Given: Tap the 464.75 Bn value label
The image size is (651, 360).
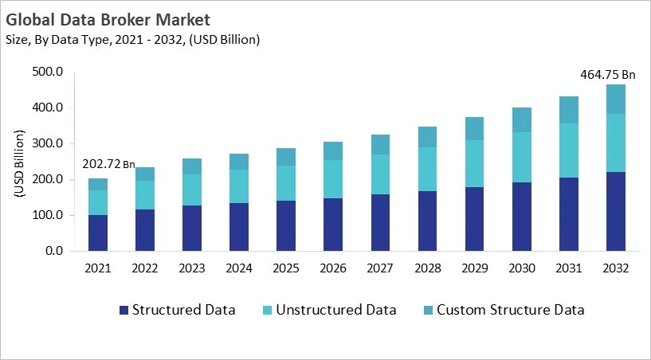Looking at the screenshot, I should [607, 75].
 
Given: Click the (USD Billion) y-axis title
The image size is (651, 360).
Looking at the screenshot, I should [19, 162].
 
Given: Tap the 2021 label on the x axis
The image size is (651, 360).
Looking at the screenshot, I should [98, 268].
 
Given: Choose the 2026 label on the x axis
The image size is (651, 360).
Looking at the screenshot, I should [332, 268].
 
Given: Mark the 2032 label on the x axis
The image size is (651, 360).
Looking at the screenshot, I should [615, 268].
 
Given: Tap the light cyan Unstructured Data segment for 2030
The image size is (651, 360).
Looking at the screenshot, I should [521, 157].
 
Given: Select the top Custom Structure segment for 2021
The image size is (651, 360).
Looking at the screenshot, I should [98, 184].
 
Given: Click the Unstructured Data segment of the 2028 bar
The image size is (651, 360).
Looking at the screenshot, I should [427, 169].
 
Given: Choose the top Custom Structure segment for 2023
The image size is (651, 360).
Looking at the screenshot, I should [192, 166].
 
